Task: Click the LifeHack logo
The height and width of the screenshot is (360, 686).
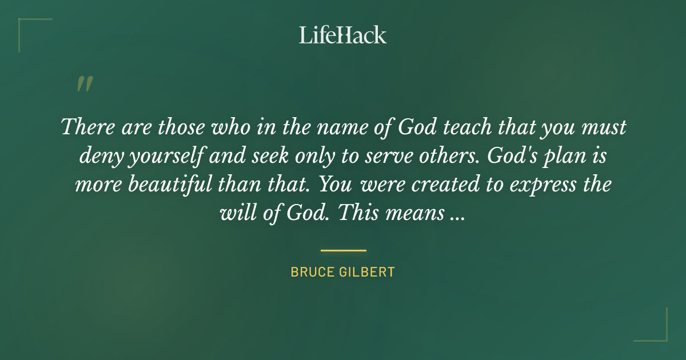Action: tap(343, 35)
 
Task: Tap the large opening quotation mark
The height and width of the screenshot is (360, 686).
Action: tap(84, 84)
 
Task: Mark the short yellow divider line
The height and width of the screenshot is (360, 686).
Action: tap(343, 250)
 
